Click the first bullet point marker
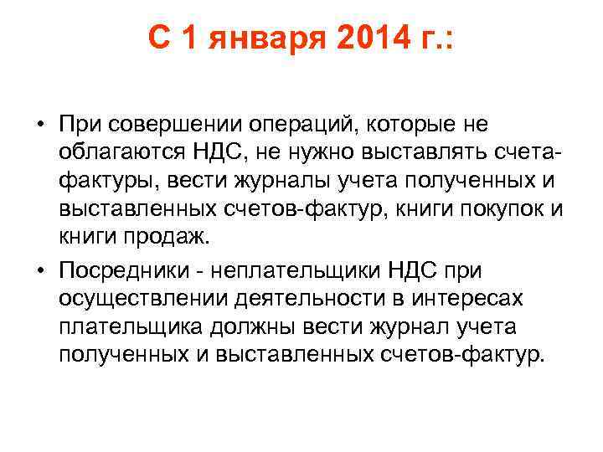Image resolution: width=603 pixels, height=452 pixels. tap(40, 124)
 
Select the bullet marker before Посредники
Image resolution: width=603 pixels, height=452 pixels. tap(40, 271)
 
